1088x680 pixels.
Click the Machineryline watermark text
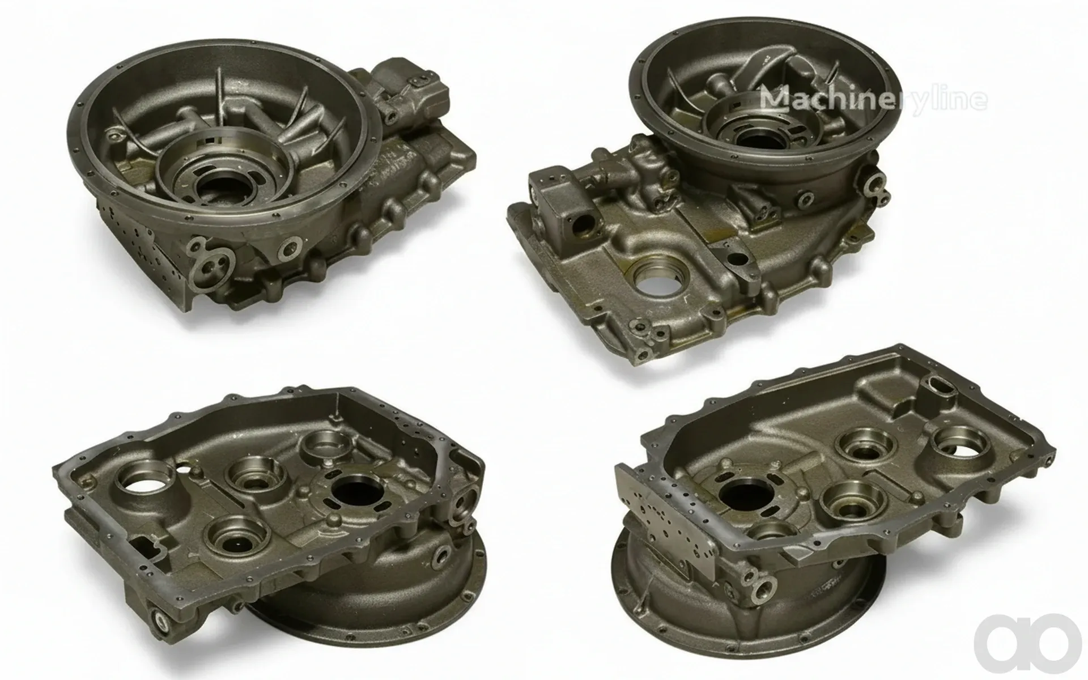[x=873, y=99]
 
